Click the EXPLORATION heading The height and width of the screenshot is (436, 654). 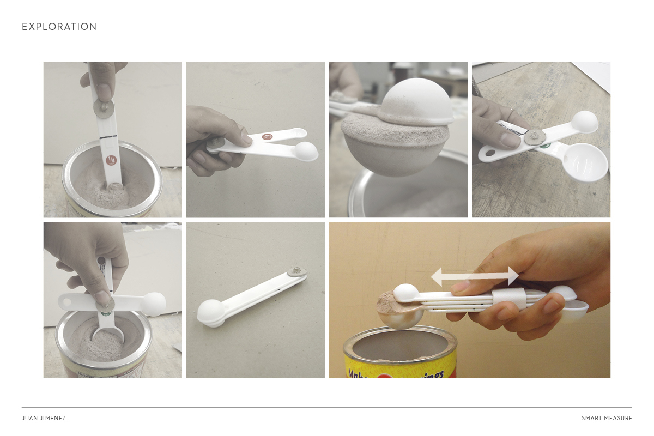(x=59, y=27)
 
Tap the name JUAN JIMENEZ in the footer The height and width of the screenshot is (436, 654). (x=44, y=418)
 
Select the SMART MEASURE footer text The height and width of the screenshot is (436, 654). (x=607, y=418)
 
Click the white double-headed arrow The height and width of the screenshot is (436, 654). (x=474, y=276)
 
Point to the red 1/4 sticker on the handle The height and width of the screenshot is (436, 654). (x=111, y=160)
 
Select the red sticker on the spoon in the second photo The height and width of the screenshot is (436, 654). (x=267, y=137)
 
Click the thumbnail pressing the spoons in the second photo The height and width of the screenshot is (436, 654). (x=245, y=140)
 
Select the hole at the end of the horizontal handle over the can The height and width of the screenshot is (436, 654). (x=67, y=300)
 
